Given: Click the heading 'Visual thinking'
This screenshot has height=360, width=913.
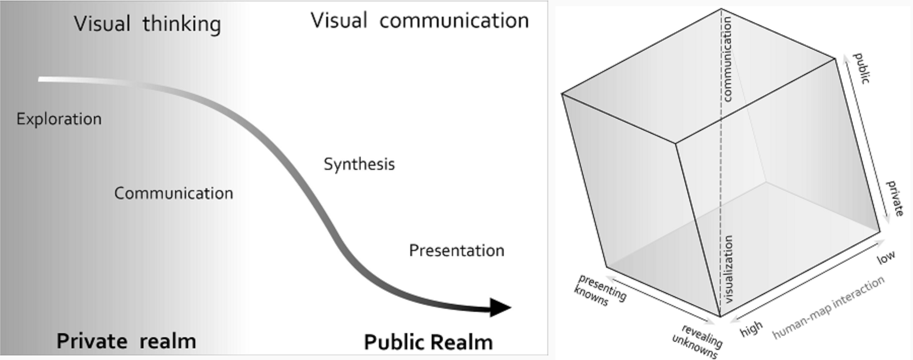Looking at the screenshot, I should (x=147, y=24).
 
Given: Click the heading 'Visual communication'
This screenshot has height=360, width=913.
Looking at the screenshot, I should (x=419, y=21).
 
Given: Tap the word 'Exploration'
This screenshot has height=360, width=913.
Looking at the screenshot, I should (x=59, y=119).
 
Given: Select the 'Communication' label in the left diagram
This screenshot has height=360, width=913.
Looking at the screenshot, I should (x=173, y=193).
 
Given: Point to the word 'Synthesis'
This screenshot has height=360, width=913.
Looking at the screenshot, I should (x=359, y=164).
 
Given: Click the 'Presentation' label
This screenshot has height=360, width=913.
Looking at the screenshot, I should (x=456, y=250).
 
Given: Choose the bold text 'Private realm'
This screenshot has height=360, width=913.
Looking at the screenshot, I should (x=126, y=341).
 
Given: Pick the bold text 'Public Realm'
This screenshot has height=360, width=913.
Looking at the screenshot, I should (x=428, y=342).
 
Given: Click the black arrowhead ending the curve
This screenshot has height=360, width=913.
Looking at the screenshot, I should (x=500, y=307).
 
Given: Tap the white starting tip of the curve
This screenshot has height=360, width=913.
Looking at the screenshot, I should (x=42, y=79).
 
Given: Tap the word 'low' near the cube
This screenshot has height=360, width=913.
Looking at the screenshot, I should (x=886, y=258).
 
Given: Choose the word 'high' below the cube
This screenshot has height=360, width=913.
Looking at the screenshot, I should (x=751, y=329).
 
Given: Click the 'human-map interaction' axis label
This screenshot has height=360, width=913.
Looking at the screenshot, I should (x=828, y=307).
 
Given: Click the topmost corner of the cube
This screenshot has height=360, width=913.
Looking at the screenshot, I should (x=721, y=9).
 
